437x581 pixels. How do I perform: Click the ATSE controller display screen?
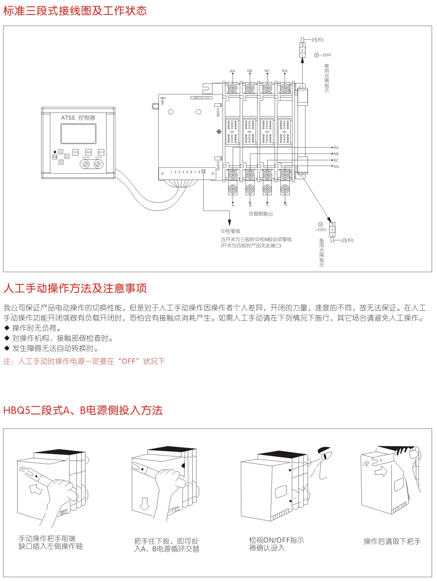[78, 134]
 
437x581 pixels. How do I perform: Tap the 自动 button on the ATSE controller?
[88, 152]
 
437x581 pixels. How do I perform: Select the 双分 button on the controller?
[101, 152]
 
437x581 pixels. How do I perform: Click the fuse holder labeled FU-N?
[85, 164]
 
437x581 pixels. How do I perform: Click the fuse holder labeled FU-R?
[98, 164]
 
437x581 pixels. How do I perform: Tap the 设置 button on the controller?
[55, 157]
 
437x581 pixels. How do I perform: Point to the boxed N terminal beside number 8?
[203, 171]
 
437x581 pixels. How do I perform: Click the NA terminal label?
[232, 71]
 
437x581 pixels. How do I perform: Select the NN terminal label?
[284, 71]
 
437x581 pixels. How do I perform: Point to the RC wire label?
[336, 160]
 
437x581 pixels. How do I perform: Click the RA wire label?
[336, 148]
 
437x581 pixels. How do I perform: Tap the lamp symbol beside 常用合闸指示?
[316, 55]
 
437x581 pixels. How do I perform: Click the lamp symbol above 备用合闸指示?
[320, 224]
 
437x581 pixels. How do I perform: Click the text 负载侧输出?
[261, 214]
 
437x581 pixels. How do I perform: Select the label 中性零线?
[230, 231]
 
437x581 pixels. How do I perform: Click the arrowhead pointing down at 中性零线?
[229, 223]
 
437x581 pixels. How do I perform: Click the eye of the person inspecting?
[324, 456]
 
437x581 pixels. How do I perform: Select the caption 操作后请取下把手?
[392, 542]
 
